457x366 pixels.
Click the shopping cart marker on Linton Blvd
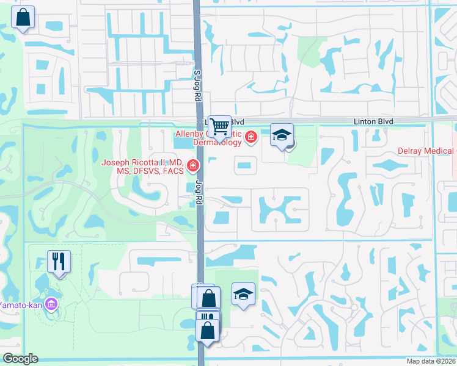pos(219,126)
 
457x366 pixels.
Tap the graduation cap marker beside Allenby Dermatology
pos(282,135)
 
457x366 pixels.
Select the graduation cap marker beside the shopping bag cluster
pos(243,295)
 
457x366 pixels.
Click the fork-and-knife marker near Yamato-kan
pos(59,262)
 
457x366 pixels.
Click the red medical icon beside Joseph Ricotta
pos(192,165)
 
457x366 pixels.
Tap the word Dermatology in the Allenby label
pos(218,142)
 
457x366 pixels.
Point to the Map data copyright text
pos(431,361)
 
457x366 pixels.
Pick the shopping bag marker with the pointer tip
pos(208,330)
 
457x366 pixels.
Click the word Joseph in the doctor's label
pos(117,162)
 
